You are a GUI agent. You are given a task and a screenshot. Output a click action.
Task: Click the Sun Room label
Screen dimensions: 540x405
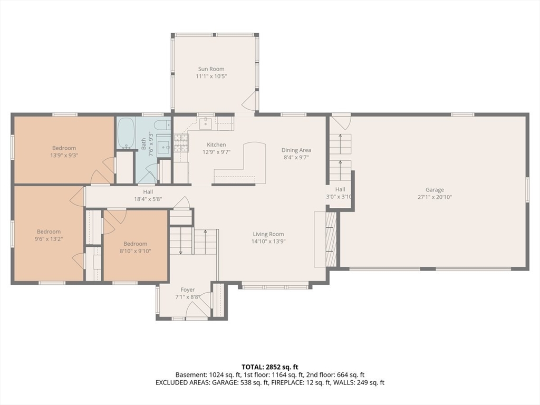pos(211,69)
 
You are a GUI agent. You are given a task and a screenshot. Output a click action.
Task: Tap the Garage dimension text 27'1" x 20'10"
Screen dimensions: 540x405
pos(435,197)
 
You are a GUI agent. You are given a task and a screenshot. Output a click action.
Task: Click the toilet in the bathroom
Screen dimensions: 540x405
pos(162,125)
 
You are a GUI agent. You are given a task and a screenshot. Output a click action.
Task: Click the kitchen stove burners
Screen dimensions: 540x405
pos(181,143)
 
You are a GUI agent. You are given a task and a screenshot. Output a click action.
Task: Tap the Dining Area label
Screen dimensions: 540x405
pos(296,150)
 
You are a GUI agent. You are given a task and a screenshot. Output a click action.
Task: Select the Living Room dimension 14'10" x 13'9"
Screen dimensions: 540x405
pos(268,242)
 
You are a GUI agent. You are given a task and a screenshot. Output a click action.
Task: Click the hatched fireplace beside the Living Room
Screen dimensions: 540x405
pos(331,239)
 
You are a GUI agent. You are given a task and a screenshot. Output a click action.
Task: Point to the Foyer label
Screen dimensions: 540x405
pos(188,290)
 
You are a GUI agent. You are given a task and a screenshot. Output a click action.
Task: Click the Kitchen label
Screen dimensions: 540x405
pos(216,144)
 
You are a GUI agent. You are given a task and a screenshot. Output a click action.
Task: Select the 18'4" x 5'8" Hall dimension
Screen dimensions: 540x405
pos(148,199)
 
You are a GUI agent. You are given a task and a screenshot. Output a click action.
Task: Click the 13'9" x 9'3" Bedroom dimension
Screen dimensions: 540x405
pos(64,156)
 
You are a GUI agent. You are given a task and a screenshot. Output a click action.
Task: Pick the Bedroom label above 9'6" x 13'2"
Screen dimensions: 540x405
pos(49,232)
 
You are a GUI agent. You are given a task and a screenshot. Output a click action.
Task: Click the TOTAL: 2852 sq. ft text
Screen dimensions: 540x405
pos(269,367)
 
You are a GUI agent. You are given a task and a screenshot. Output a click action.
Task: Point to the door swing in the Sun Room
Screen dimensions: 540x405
pos(249,100)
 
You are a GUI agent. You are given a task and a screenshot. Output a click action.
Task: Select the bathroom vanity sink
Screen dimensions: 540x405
pos(164,148)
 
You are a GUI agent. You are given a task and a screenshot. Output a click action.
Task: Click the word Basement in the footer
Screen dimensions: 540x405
pos(190,375)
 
